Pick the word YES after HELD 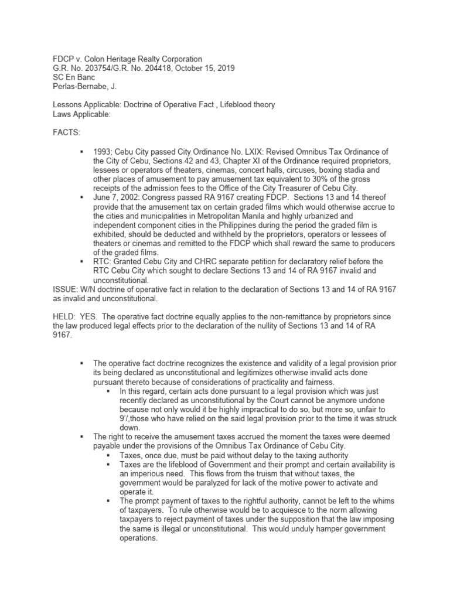[96, 317]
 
